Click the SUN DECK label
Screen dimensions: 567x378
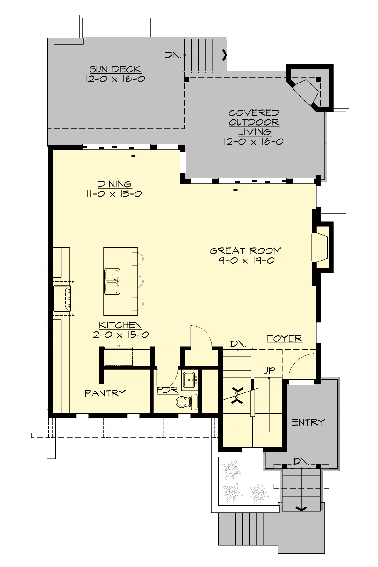pos(115,69)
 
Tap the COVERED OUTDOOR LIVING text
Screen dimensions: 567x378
pos(254,122)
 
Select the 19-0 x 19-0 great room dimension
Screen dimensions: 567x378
pos(245,261)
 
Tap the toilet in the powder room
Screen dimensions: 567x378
pos(183,402)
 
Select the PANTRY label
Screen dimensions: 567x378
pos(105,393)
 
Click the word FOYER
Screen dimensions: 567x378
pos(284,339)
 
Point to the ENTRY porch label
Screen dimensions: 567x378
pos(308,422)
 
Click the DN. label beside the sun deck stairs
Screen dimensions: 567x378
pos(173,55)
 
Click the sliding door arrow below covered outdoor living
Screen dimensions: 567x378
pos(231,190)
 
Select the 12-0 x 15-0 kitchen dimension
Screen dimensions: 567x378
pos(119,335)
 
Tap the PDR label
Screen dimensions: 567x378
pos(167,390)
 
